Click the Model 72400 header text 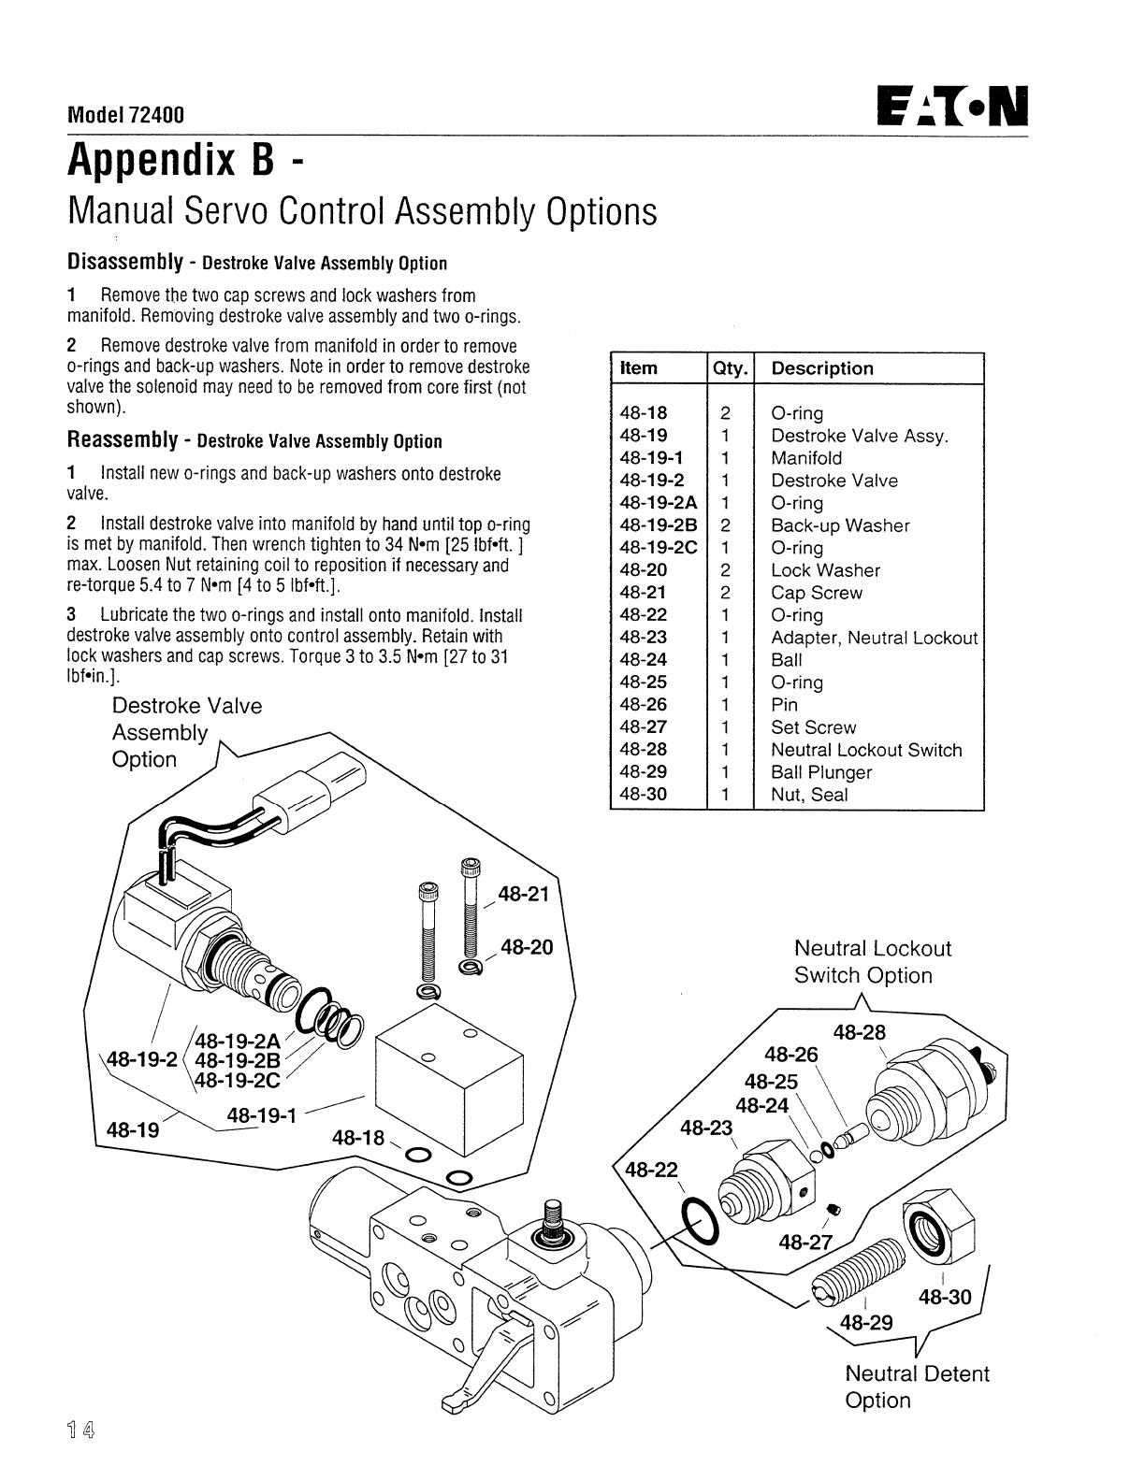coord(125,115)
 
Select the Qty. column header coord(730,368)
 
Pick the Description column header coord(821,368)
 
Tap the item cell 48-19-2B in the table coord(659,525)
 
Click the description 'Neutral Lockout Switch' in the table coord(865,750)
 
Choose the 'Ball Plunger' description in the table coord(820,772)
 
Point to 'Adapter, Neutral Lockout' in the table coord(874,638)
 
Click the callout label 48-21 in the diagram coord(525,894)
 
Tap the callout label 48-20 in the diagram coord(527,947)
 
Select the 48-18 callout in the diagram coord(358,1138)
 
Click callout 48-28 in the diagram coord(859,1032)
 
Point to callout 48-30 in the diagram coord(945,1297)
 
